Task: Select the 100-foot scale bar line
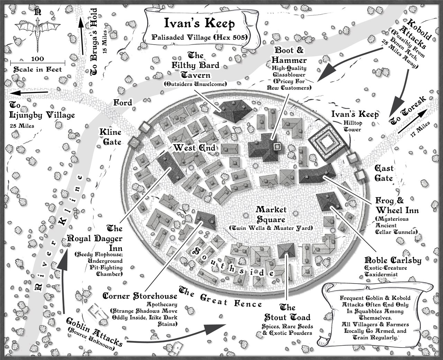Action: pyautogui.click(x=37, y=63)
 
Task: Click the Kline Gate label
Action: pyautogui.click(x=110, y=137)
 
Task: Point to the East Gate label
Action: pyautogui.click(x=384, y=173)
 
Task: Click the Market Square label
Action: pyautogui.click(x=271, y=214)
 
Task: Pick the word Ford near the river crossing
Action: pyautogui.click(x=123, y=103)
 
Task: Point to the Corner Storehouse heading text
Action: pyautogui.click(x=140, y=296)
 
